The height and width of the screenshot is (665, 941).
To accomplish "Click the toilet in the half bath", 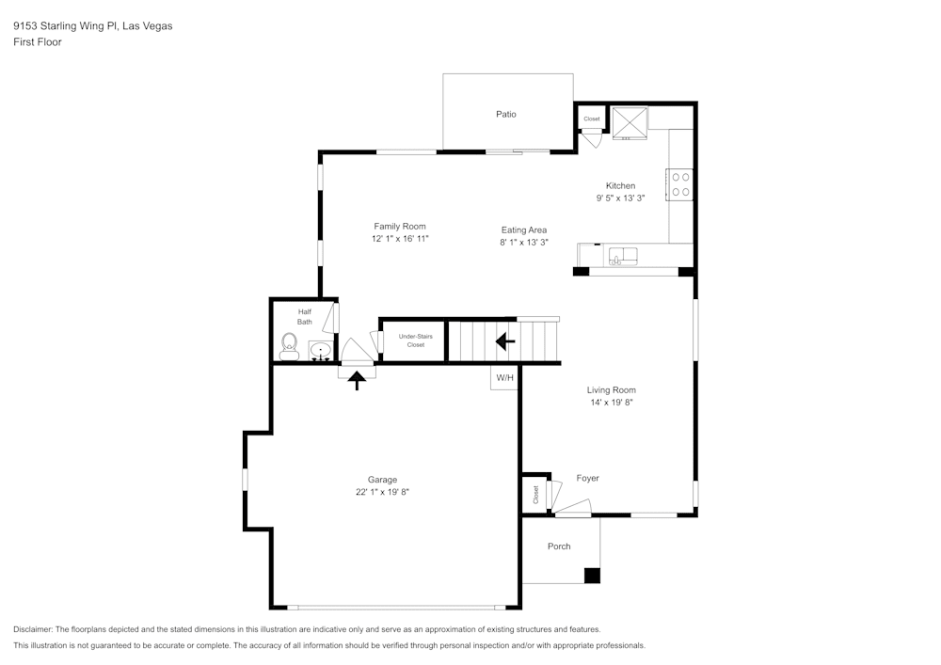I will (x=289, y=347).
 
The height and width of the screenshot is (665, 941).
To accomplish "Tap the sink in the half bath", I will (x=321, y=352).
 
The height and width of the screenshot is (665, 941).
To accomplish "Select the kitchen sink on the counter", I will (x=623, y=256).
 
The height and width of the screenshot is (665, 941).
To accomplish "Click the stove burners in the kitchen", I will (x=680, y=183).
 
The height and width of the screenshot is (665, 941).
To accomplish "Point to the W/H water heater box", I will (x=505, y=378).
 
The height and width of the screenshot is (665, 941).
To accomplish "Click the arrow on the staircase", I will (x=505, y=341).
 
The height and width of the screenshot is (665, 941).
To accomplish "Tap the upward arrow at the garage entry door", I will (x=358, y=380).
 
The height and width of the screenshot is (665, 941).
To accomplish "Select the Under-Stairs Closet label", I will (x=415, y=340).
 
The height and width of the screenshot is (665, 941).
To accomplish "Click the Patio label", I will (x=506, y=115).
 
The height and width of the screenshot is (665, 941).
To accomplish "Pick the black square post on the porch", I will (x=592, y=576).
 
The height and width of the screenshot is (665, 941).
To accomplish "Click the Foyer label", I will (x=587, y=479).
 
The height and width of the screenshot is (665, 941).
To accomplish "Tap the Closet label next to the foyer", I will (x=536, y=494).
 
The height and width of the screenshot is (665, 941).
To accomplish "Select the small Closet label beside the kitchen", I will (x=592, y=119).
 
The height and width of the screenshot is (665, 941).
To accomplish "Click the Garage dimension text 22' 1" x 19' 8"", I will (x=382, y=492).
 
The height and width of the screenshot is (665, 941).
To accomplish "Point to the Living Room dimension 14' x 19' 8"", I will (x=612, y=403).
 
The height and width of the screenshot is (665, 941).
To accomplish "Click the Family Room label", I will (x=400, y=226).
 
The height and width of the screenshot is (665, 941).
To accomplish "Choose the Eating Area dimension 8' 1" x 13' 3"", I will (x=524, y=243).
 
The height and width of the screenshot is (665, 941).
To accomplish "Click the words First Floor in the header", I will (x=38, y=42).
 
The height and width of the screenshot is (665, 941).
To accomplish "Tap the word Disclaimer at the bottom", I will (x=33, y=629).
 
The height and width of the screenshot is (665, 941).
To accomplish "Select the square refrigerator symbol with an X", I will (x=629, y=121).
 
